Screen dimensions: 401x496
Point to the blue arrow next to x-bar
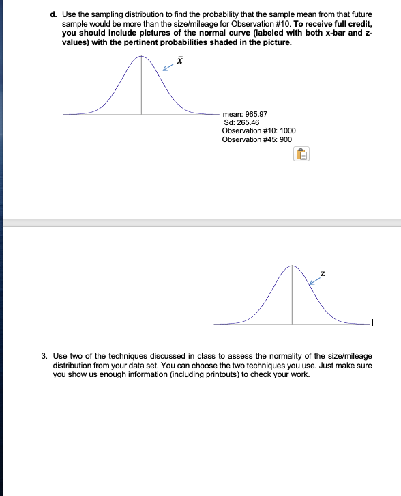point(168,68)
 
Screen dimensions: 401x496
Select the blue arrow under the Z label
point(314,279)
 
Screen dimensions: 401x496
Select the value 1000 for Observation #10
point(287,130)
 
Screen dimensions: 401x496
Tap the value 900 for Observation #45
point(286,139)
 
